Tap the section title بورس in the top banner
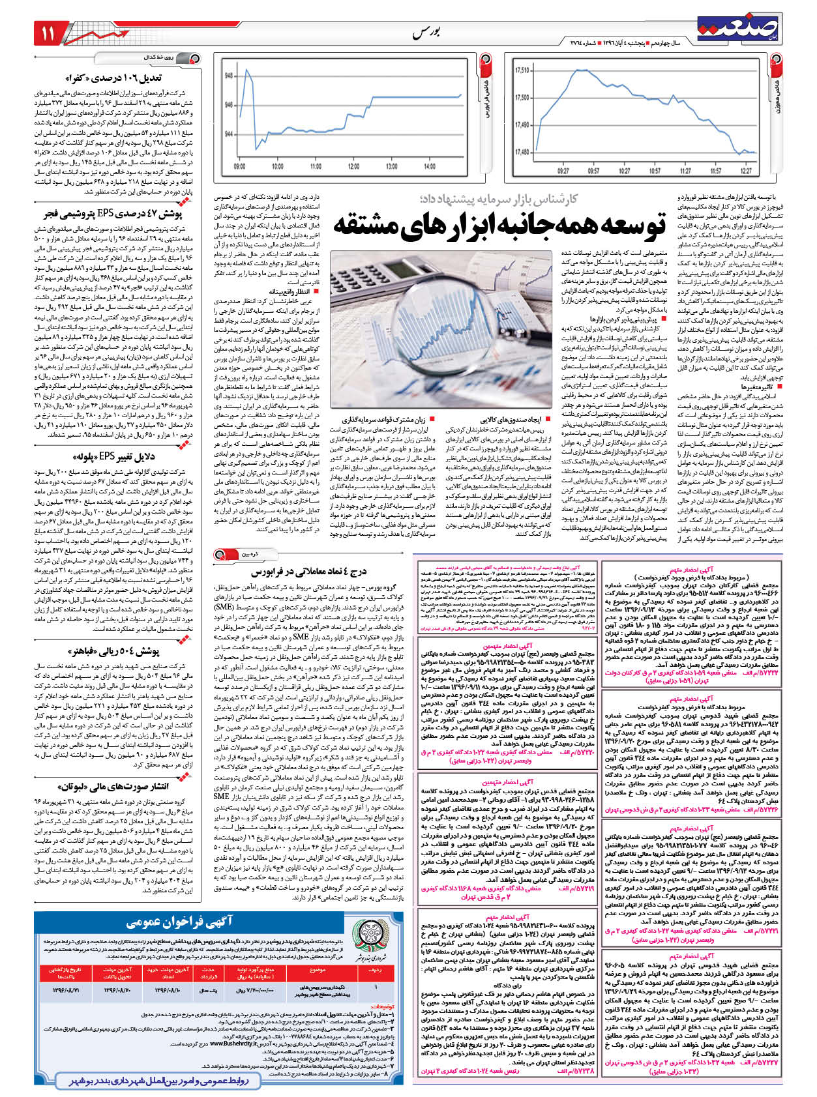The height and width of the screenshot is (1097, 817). point(427,33)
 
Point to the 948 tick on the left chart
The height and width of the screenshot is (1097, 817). point(229,76)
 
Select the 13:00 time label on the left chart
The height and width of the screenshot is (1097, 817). point(391,167)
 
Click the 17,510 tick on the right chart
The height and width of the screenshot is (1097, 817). point(522,70)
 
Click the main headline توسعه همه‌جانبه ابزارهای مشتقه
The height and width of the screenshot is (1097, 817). point(500,224)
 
